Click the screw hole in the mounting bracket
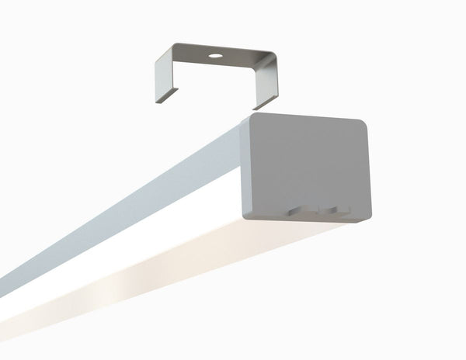[213, 57]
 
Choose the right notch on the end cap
[332, 209]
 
